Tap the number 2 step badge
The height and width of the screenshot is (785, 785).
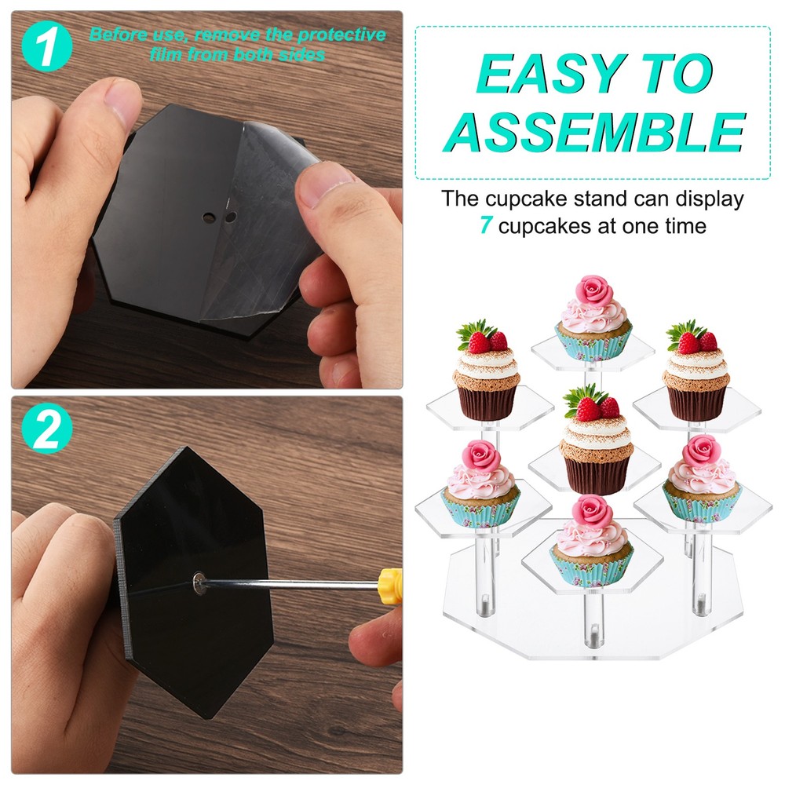[47, 430]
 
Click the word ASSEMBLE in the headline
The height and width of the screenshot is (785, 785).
[595, 131]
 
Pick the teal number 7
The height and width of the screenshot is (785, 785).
[486, 227]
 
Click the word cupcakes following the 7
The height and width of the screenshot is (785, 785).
[539, 227]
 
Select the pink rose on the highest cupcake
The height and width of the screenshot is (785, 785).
[593, 292]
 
